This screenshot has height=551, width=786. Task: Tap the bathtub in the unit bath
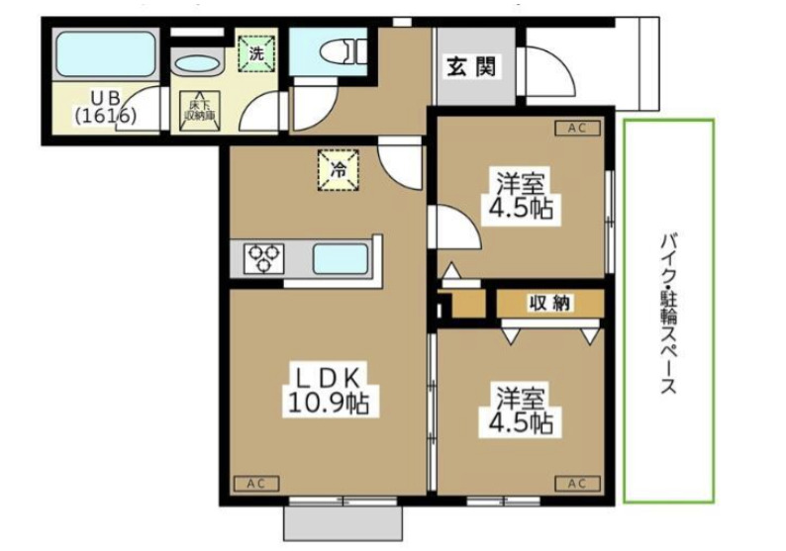pos(106,54)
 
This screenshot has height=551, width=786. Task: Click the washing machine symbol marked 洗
pos(256,53)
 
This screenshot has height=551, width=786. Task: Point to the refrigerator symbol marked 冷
pos(337,167)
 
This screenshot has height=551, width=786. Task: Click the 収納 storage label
pos(549,304)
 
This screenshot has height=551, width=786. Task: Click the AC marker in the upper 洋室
pos(577,128)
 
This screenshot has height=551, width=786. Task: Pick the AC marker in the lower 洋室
pos(577,484)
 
